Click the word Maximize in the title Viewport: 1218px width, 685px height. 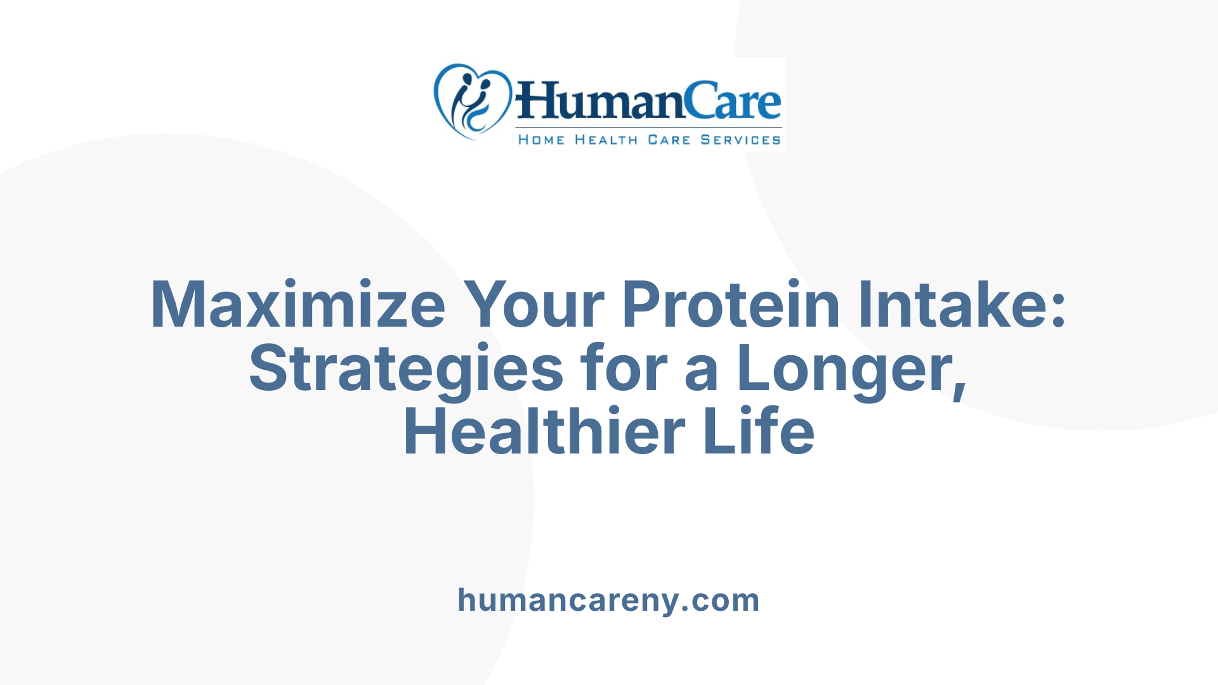tap(298, 305)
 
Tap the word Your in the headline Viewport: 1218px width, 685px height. tap(533, 305)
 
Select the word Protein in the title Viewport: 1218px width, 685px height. tap(730, 305)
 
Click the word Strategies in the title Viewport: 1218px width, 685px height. tap(406, 369)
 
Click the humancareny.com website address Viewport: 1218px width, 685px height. tap(608, 600)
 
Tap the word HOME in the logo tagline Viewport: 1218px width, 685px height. tap(541, 140)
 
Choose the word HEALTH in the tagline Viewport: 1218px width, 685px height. tap(606, 140)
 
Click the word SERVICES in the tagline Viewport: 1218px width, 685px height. tap(740, 140)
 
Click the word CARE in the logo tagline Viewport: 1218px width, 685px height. tap(669, 140)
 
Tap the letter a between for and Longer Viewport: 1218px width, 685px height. tap(701, 374)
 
